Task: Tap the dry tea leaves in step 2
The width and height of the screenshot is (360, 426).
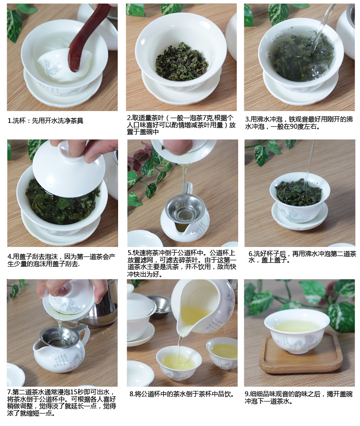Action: click(x=181, y=62)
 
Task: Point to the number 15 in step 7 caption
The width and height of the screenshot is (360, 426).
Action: click(x=73, y=392)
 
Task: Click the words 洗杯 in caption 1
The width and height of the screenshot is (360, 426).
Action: click(x=20, y=121)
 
